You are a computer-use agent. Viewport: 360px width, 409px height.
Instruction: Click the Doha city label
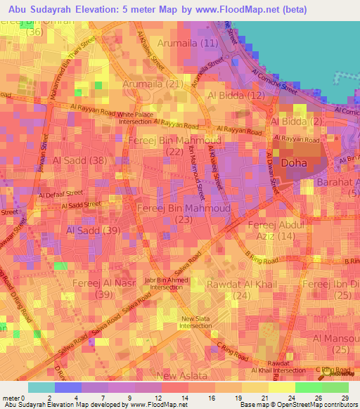click(x=292, y=163)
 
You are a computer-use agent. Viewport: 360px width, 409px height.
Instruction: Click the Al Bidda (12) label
click(x=236, y=95)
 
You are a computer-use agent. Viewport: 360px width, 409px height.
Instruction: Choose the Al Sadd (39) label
click(x=93, y=230)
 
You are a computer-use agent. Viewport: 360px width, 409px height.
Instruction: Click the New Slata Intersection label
click(x=195, y=322)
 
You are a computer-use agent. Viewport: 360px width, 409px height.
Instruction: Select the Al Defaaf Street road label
click(x=61, y=193)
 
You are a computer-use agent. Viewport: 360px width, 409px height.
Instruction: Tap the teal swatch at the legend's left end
click(x=41, y=387)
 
